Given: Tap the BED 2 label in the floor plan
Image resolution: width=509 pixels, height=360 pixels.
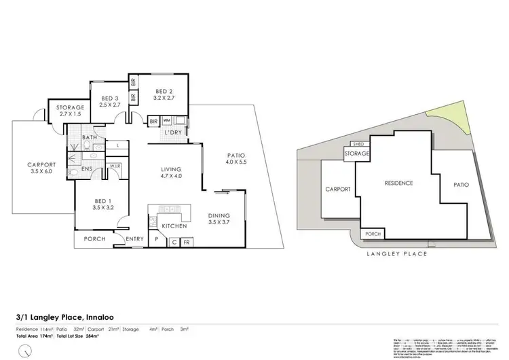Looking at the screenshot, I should [165, 92].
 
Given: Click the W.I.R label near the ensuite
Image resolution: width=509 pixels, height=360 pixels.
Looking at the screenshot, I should [115, 165].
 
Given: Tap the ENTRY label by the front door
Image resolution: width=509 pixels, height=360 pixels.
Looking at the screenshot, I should [134, 239].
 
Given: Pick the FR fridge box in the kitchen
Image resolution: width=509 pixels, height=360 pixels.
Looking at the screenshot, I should [187, 240].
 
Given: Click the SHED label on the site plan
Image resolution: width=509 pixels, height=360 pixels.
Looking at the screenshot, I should [356, 145].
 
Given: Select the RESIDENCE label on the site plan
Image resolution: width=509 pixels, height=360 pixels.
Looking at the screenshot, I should [399, 183].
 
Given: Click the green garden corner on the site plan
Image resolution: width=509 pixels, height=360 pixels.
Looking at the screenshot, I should [452, 121].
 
